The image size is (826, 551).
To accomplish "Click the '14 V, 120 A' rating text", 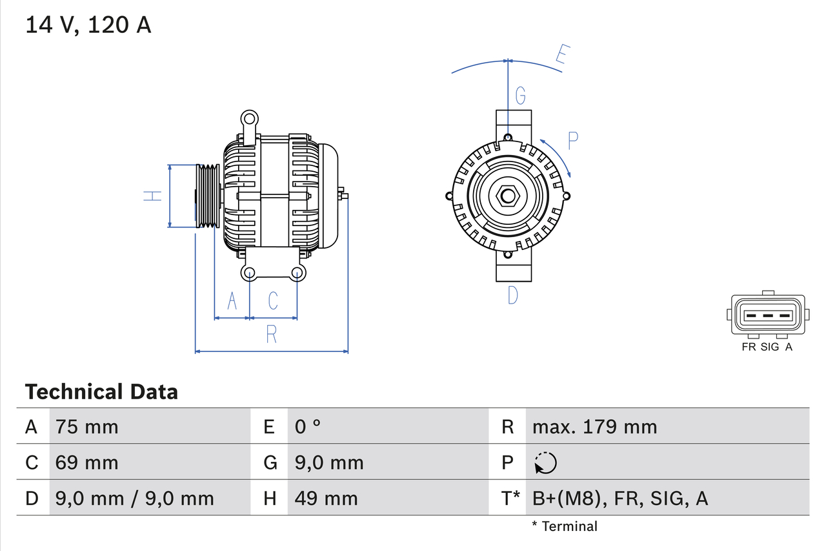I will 88,25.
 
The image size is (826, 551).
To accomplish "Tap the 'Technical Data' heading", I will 101,391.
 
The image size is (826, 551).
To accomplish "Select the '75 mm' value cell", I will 87,426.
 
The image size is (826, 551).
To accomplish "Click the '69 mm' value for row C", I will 87,463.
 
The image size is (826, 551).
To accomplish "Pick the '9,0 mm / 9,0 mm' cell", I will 134,498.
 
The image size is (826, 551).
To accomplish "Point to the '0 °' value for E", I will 308,426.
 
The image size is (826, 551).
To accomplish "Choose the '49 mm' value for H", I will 326,498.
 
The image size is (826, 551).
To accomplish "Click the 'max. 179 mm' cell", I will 594,426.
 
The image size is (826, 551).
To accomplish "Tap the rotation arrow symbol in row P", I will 545,463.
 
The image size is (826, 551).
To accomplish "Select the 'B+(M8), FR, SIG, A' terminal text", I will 620,498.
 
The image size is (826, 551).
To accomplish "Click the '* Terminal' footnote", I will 565,526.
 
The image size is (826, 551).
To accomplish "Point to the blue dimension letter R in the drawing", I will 272,334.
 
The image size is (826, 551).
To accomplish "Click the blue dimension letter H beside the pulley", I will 152,196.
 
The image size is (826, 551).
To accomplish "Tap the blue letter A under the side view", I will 232,300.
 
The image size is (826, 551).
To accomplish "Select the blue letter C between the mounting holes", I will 273,300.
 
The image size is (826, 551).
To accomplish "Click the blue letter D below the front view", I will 513,295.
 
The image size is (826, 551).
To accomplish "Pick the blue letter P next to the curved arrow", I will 573,140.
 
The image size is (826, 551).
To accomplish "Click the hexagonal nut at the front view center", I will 508,196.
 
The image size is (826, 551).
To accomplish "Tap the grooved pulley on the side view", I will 208,196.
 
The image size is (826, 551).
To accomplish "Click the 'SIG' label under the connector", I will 770,347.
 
